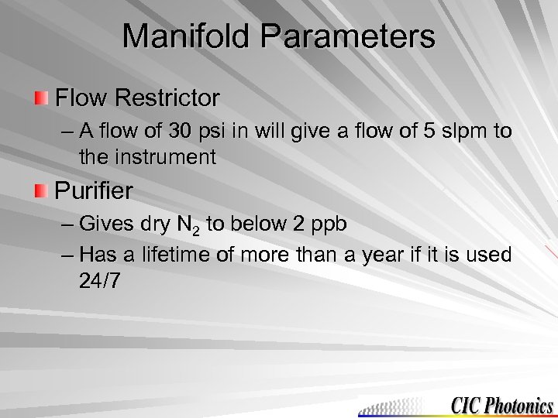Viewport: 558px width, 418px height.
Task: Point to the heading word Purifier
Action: point(94,190)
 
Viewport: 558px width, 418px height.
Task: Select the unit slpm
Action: point(468,131)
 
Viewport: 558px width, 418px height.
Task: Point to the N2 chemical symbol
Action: point(185,225)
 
